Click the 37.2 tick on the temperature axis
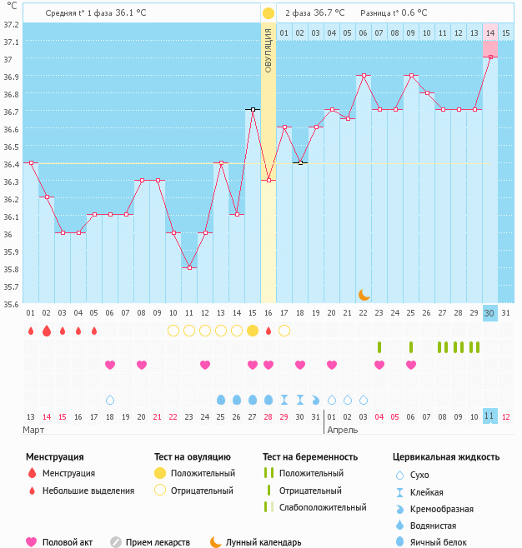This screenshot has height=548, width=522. pyautogui.click(x=10, y=24)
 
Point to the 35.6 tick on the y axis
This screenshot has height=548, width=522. pyautogui.click(x=10, y=304)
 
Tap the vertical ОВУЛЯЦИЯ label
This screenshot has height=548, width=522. pyautogui.click(x=269, y=50)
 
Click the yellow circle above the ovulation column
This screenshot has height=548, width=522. pyautogui.click(x=269, y=13)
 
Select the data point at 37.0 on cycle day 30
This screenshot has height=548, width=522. pyautogui.click(x=490, y=57)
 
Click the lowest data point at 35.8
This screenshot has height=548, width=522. pyautogui.click(x=189, y=267)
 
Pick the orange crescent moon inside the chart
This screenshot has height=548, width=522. pyautogui.click(x=364, y=294)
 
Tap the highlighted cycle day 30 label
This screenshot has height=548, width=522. pyautogui.click(x=490, y=312)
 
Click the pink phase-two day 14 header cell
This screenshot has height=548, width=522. pyautogui.click(x=490, y=32)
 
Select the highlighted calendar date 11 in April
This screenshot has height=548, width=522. pyautogui.click(x=490, y=416)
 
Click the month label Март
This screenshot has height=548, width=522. pyautogui.click(x=34, y=430)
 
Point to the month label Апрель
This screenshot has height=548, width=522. pyautogui.click(x=343, y=430)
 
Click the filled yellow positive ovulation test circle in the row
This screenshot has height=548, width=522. pyautogui.click(x=253, y=331)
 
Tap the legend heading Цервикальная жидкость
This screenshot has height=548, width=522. pyautogui.click(x=446, y=456)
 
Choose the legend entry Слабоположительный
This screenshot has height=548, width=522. pyautogui.click(x=323, y=507)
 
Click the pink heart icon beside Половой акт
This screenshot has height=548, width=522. pyautogui.click(x=32, y=542)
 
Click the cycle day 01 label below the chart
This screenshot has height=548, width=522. pyautogui.click(x=31, y=312)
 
